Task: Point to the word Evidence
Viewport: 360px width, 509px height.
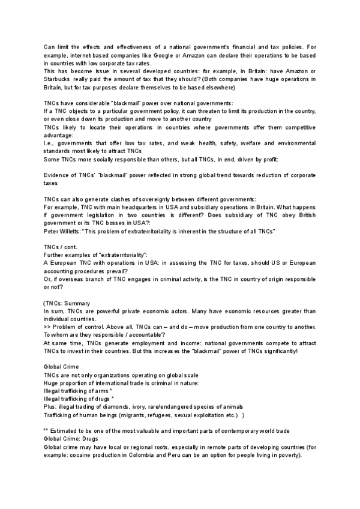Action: [x=57, y=175]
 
